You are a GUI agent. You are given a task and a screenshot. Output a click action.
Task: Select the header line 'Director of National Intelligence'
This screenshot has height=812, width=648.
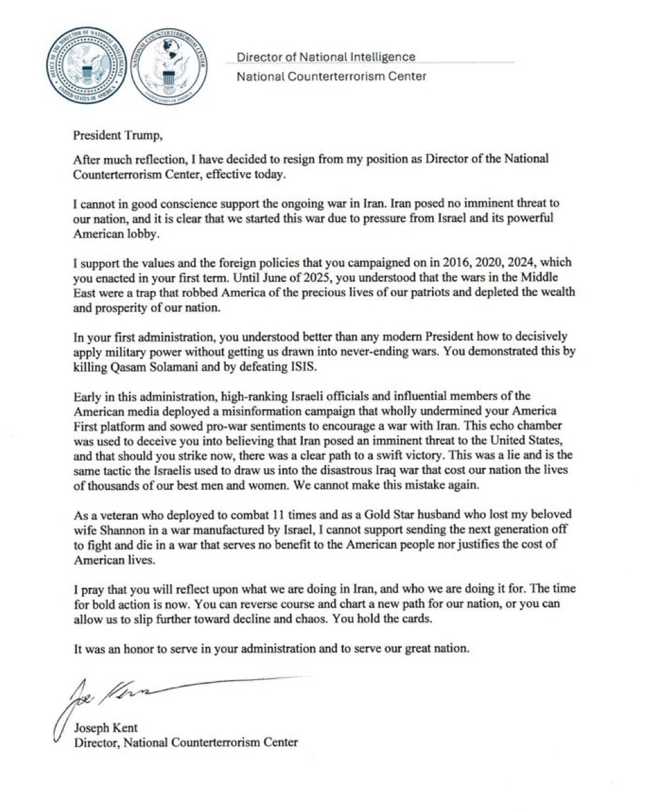point(326,57)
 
